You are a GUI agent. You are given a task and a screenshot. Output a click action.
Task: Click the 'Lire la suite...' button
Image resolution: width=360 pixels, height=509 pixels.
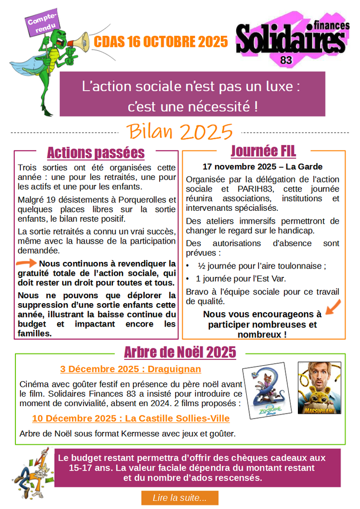tap(180, 498)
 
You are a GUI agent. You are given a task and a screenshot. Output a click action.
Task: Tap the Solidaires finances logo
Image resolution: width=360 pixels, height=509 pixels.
tap(291, 39)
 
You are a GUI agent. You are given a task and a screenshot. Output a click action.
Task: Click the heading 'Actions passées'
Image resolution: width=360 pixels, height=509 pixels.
tap(95, 153)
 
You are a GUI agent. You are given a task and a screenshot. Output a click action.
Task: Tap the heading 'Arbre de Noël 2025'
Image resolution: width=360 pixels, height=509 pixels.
tap(180, 352)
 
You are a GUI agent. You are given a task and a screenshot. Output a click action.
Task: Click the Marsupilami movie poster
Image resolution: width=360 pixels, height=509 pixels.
tap(319, 388)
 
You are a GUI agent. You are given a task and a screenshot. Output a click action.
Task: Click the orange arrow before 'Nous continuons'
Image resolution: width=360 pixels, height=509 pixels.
tap(26, 263)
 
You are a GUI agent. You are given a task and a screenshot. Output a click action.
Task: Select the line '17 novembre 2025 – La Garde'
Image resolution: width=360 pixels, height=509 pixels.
tap(262, 167)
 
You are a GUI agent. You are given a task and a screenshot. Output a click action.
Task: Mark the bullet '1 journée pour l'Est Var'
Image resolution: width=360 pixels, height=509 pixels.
tap(241, 278)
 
